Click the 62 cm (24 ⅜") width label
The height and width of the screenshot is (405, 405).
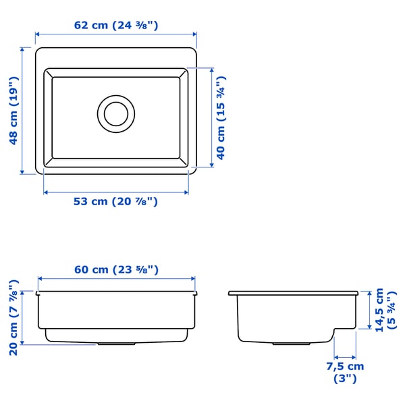[x=116, y=26]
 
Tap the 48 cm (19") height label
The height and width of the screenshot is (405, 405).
[x=13, y=110]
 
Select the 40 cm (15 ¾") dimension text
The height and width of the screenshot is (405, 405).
[x=221, y=117]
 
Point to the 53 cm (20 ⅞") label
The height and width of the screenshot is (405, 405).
[x=115, y=201]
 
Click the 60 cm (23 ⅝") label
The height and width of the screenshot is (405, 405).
[x=116, y=269]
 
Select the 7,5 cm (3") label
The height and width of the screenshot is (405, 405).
[x=345, y=373]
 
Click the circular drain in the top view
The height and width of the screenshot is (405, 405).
[x=115, y=113]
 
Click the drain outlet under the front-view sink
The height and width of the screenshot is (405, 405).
[x=115, y=344]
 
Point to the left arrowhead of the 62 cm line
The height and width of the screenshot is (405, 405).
[x=38, y=34]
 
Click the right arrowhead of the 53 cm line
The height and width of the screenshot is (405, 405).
[x=186, y=192]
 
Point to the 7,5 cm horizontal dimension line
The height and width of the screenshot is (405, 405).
[x=345, y=357]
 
